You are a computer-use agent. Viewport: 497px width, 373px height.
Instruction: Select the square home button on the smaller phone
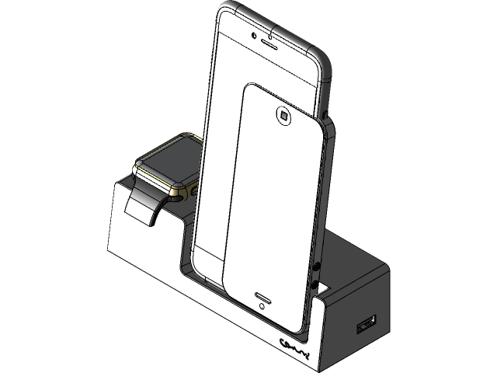pyautogui.click(x=283, y=117)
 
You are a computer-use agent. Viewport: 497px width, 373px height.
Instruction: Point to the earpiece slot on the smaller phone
pyautogui.click(x=262, y=297)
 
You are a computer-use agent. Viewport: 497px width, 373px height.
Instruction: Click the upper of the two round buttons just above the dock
pyautogui.click(x=318, y=269)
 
